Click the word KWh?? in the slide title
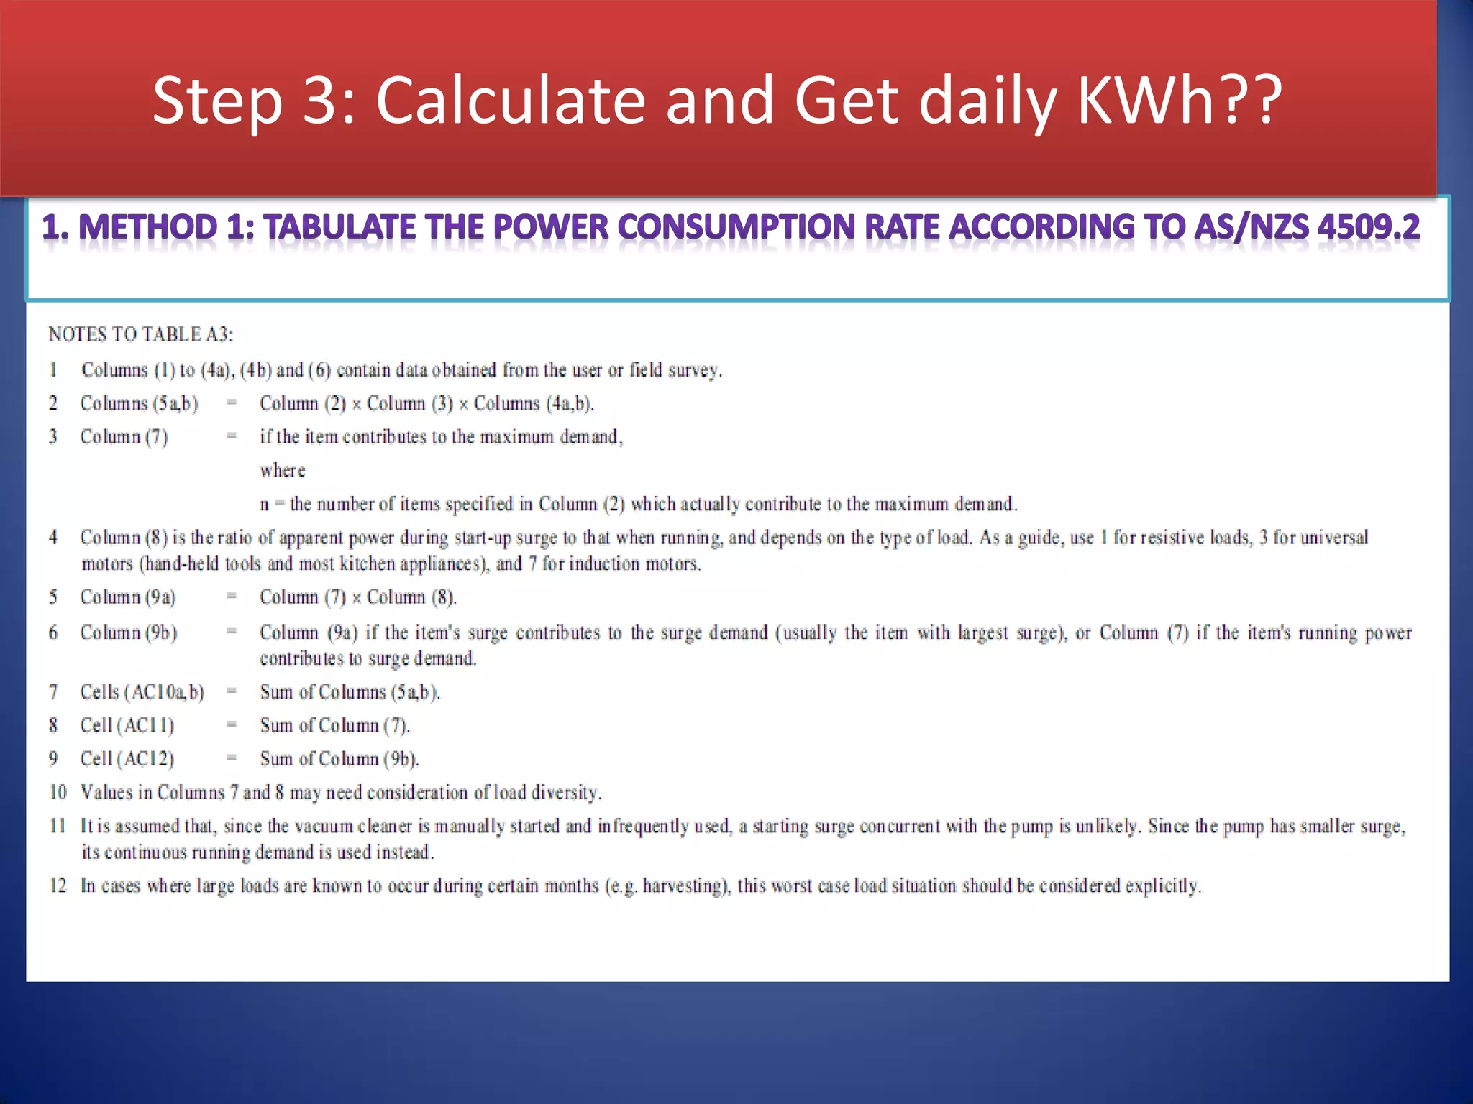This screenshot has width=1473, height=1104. pos(1179,101)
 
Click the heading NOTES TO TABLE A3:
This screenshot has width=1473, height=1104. pos(141,334)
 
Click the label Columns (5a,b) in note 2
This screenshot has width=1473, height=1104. pos(139,404)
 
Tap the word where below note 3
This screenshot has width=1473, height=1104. pos(283,471)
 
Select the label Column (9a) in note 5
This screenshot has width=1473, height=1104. pos(128,597)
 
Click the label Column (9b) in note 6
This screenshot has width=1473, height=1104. pos(129,632)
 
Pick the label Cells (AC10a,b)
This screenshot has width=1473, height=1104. pos(142,692)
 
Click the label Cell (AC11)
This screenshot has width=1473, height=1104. pos(127,726)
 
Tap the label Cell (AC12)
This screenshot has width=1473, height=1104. pos(127,759)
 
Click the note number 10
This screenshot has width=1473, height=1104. pos(58,792)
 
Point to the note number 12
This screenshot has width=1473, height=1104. pos(58,885)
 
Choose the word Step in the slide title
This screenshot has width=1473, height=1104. pos(217,101)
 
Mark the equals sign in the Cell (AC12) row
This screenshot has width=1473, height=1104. pos(232,758)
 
